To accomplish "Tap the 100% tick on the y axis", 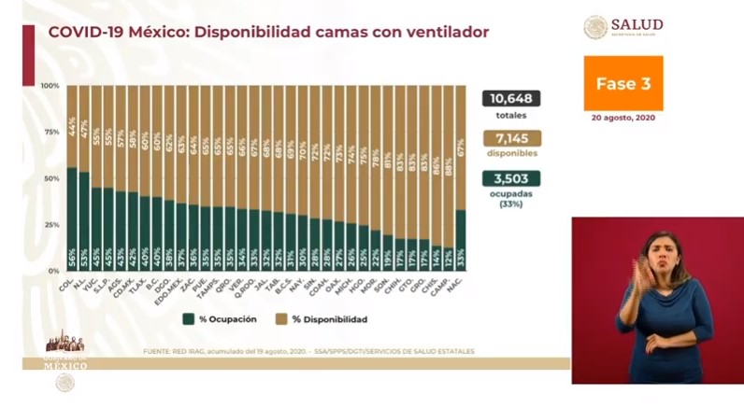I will tap(50, 86).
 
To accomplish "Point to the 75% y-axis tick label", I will tap(52, 132).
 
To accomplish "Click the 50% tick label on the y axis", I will tap(52, 178).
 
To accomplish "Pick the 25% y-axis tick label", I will tap(52, 224).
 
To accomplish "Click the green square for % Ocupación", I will tap(188, 318).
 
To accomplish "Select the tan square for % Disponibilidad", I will tap(282, 318).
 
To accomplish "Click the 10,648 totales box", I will tap(511, 99).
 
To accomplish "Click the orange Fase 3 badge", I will tap(623, 83).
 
